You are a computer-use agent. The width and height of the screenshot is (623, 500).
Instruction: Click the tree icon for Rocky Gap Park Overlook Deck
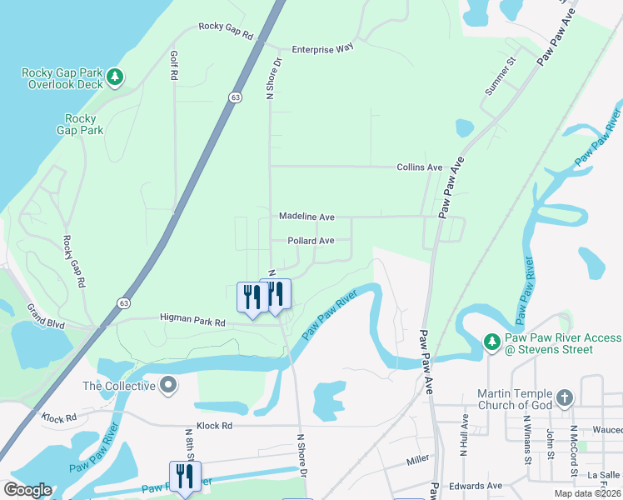[116, 78]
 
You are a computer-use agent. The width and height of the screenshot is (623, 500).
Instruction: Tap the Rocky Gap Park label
[80, 124]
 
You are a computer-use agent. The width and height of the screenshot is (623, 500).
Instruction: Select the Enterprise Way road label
[322, 49]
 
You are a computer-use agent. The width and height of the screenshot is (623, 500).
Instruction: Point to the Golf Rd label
[174, 66]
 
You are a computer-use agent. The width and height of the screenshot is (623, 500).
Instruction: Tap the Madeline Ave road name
[307, 217]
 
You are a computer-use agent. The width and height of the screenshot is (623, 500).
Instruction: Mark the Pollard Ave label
[311, 241]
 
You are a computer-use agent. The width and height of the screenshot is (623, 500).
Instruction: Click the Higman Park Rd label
[192, 322]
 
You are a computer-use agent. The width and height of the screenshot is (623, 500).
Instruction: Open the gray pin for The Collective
[169, 385]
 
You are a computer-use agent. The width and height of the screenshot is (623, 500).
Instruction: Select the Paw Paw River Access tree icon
[491, 342]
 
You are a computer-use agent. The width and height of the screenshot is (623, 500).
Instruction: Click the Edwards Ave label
[476, 486]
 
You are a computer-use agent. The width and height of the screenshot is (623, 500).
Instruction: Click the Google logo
[27, 490]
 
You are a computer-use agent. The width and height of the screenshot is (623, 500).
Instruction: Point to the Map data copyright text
[588, 493]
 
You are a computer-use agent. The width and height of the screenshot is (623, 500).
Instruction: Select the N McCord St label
[574, 451]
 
